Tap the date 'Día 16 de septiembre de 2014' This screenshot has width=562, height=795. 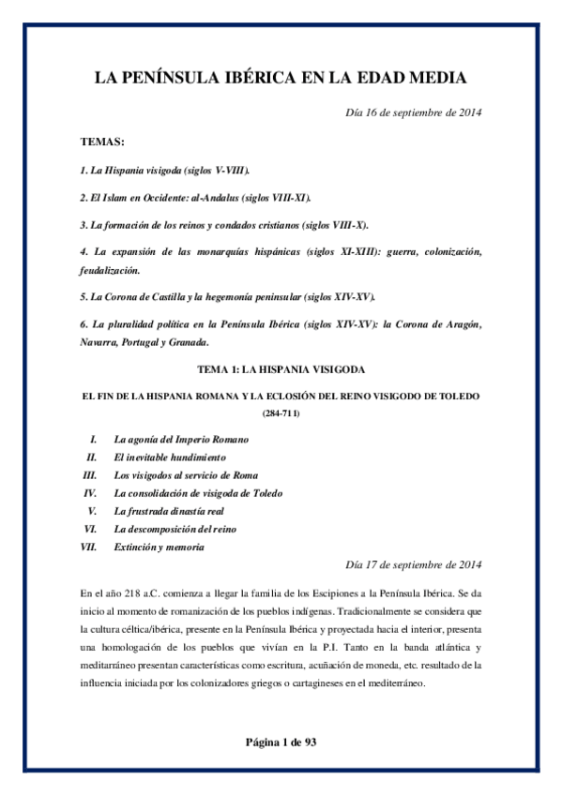[x=414, y=113]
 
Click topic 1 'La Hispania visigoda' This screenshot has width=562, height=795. [x=165, y=172]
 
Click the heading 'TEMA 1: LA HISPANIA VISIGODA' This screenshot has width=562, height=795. [x=281, y=370]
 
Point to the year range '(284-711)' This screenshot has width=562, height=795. [x=281, y=412]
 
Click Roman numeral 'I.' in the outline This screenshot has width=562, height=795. [x=93, y=439]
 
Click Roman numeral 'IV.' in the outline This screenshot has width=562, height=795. [x=91, y=492]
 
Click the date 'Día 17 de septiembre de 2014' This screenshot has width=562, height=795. [x=414, y=564]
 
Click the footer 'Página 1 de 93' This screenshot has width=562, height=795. [x=281, y=742]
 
